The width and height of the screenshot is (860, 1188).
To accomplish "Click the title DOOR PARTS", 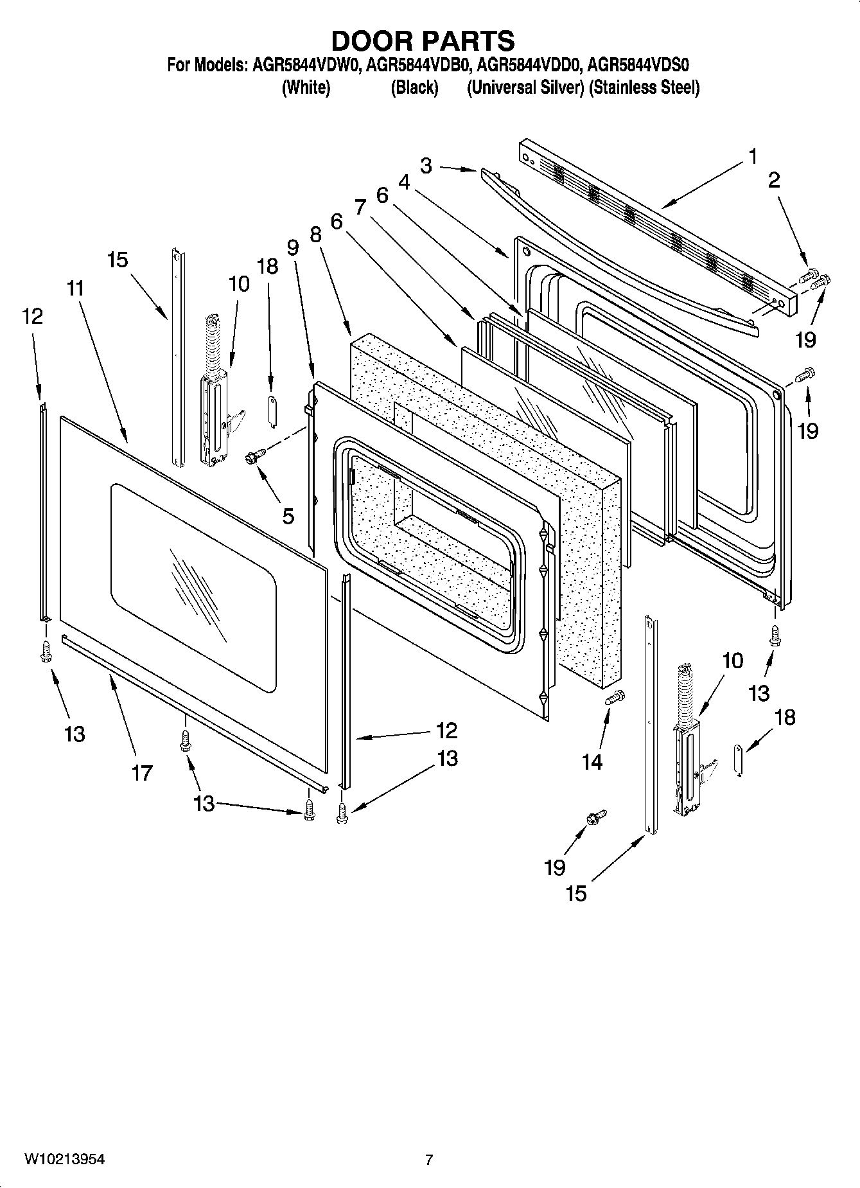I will click(423, 40).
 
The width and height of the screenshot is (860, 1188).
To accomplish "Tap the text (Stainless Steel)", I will click(645, 87).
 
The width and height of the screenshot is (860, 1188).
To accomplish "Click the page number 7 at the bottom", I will click(429, 1160).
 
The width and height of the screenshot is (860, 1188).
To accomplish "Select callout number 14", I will click(592, 762).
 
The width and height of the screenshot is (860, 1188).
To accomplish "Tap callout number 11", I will click(75, 288).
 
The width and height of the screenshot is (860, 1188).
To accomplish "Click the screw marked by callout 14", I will click(615, 696).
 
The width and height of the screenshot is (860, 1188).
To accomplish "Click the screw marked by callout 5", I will click(252, 457).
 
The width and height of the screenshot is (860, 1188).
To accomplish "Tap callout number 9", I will click(293, 247).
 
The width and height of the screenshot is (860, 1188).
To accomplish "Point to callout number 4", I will click(404, 182).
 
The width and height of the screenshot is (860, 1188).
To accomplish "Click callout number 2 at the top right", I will click(773, 180).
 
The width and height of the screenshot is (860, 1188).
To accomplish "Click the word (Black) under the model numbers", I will click(414, 87).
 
